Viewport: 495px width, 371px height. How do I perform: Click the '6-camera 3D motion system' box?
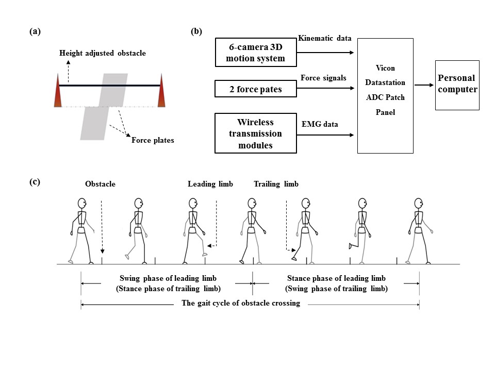(256, 53)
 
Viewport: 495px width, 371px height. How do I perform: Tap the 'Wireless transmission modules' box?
(256, 133)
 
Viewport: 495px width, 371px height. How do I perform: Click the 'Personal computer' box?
(457, 85)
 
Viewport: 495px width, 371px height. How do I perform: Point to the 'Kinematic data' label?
(325, 39)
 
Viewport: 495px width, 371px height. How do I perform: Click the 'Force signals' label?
(323, 78)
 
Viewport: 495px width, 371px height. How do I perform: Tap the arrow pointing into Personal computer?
(424, 86)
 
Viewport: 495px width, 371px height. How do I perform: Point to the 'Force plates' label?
(153, 140)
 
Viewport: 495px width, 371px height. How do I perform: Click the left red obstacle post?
(58, 91)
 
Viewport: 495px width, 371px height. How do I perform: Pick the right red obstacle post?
(161, 91)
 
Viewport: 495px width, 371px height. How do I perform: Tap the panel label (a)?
(35, 31)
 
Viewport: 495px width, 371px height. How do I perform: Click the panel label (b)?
(196, 31)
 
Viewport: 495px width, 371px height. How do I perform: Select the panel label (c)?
(35, 181)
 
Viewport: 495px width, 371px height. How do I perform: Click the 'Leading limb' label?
(210, 184)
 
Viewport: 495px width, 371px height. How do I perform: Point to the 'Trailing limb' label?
(276, 184)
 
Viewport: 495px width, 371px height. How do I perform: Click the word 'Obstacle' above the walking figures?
(100, 184)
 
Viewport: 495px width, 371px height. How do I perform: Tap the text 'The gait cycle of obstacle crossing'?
(241, 303)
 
